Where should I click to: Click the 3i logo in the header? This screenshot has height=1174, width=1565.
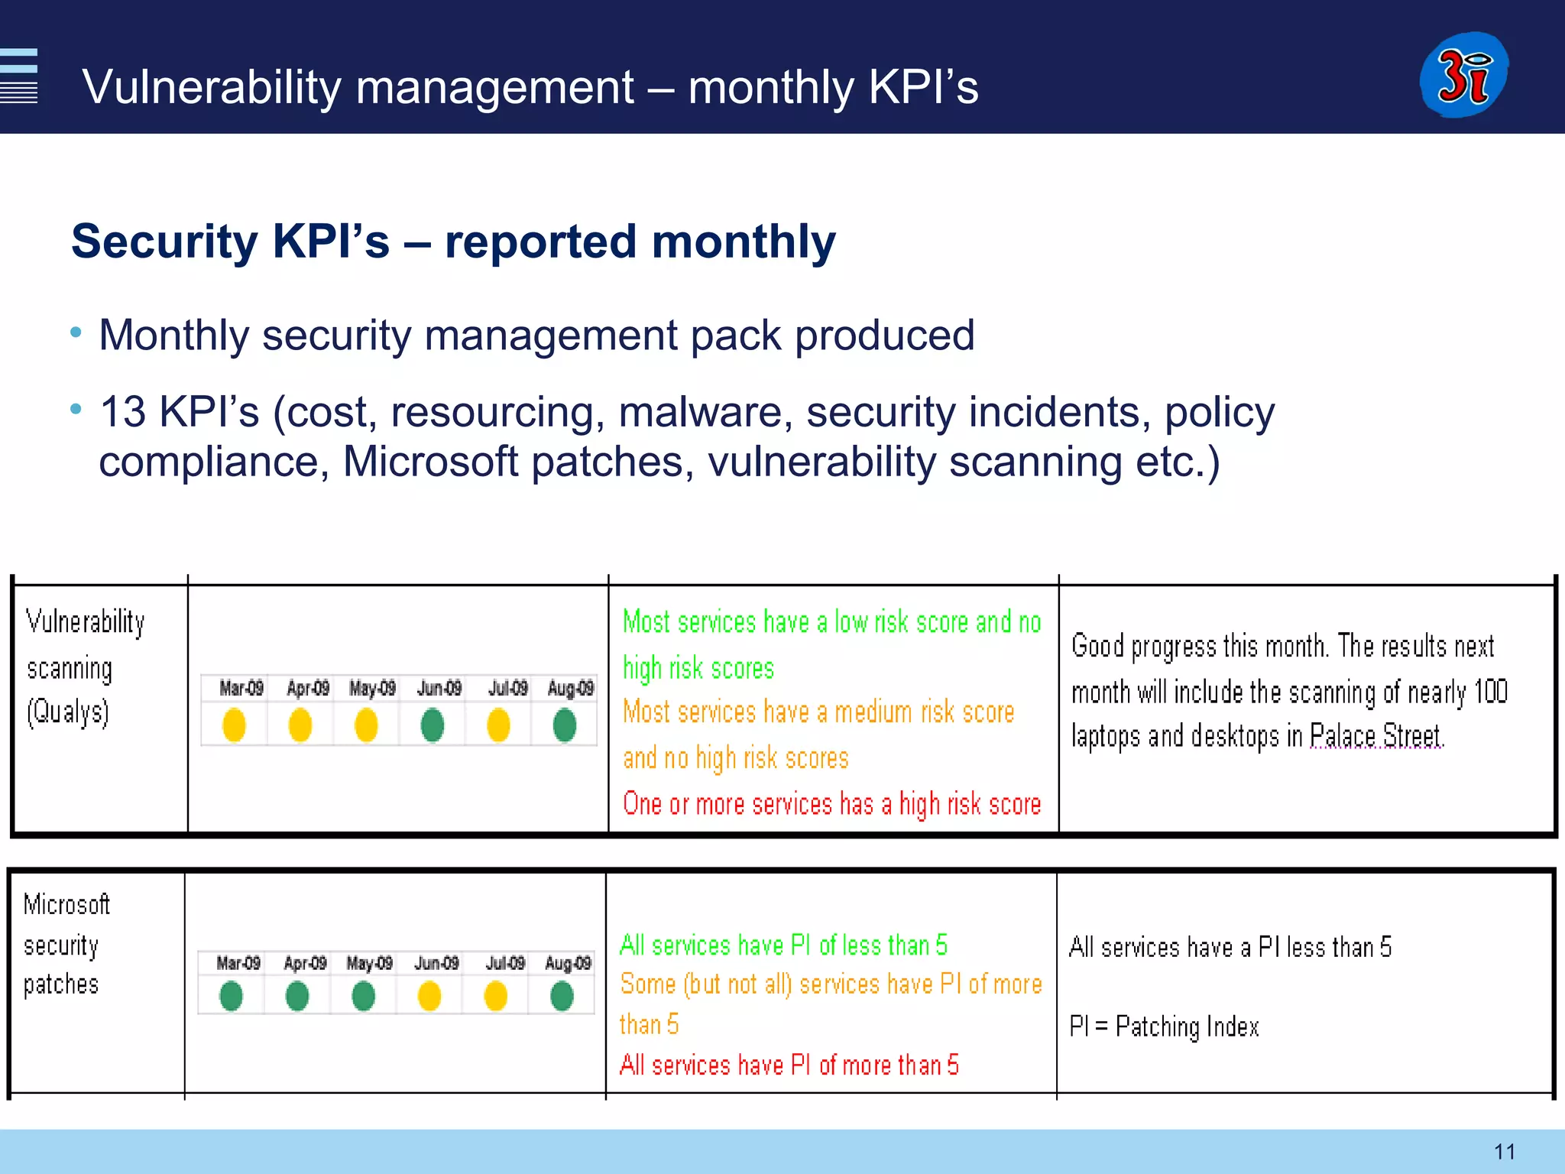click(1463, 75)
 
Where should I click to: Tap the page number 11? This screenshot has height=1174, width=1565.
click(1504, 1151)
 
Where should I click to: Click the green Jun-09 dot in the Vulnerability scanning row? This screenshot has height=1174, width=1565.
click(433, 725)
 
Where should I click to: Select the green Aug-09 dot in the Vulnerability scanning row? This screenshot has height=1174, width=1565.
click(565, 725)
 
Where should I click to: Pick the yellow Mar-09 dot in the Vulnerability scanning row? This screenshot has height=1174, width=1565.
click(234, 725)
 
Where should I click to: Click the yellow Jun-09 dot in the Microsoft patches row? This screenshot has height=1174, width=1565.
click(429, 996)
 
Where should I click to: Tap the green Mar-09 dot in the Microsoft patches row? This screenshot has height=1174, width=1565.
click(231, 996)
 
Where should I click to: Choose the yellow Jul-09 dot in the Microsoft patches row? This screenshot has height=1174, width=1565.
click(496, 996)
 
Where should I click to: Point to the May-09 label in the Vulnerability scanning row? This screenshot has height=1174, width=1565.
click(372, 689)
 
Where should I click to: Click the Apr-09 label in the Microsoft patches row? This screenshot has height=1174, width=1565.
click(305, 963)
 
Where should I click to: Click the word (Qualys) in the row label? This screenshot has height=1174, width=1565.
click(68, 712)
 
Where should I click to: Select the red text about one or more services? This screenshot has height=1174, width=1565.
click(831, 804)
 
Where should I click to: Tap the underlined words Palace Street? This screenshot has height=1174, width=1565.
click(1375, 736)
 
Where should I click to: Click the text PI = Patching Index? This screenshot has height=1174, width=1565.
click(1164, 1026)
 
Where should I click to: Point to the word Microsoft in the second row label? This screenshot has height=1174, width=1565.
click(66, 904)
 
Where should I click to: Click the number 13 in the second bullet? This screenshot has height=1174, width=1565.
click(122, 413)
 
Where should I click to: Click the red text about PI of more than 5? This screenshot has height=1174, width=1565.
click(789, 1065)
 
